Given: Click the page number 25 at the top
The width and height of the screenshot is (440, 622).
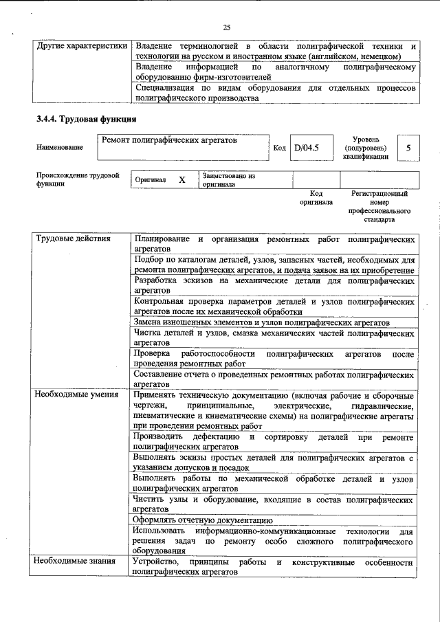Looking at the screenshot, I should tap(226, 27).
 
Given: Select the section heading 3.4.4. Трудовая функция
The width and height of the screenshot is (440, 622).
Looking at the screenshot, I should tap(86, 119).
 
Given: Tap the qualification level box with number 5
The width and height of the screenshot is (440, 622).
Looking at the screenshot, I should tap(408, 148).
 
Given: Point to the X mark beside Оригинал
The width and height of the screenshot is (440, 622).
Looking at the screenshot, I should tap(181, 179).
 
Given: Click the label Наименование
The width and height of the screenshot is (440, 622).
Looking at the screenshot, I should tap(60, 147).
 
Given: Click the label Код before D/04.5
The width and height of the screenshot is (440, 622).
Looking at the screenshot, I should tap(279, 148).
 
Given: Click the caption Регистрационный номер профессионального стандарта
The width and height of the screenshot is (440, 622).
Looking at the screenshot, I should tap(379, 207).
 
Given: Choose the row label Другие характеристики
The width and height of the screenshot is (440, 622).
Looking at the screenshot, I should tap(82, 46).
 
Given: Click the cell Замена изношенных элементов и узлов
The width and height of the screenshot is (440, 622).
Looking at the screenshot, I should tap(262, 322).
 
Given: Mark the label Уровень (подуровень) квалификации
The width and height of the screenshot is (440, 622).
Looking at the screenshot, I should tap(365, 148).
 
